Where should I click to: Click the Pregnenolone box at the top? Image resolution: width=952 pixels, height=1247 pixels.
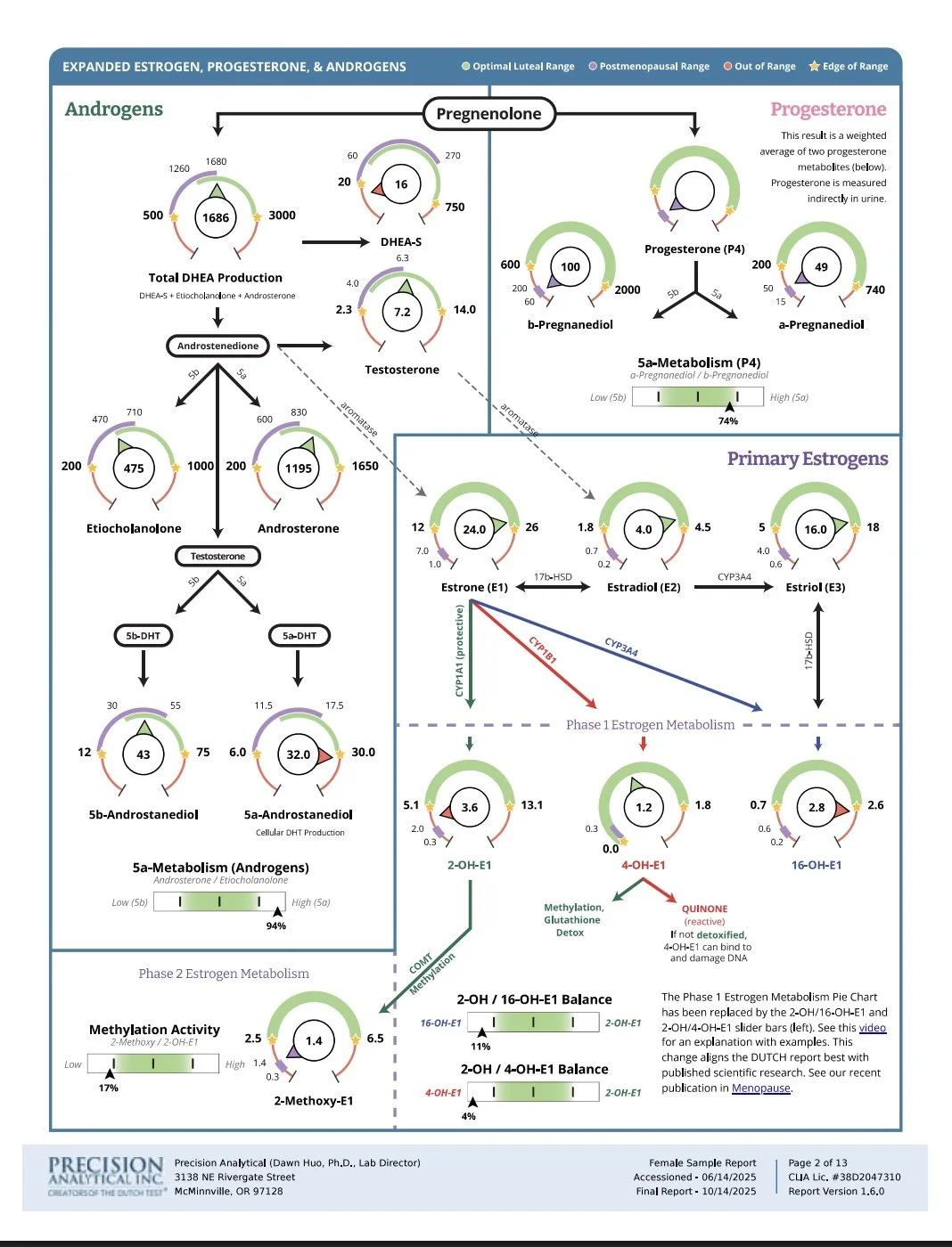(488, 113)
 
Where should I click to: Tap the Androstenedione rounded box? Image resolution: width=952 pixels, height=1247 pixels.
(217, 346)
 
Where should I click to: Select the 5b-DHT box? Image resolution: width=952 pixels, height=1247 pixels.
(143, 635)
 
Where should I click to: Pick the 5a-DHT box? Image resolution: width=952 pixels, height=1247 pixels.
(300, 635)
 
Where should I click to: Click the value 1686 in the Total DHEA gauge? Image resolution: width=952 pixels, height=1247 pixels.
(216, 217)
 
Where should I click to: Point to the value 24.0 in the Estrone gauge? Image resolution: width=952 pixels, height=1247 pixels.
(474, 529)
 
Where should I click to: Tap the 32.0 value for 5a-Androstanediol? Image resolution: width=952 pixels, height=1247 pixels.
(298, 754)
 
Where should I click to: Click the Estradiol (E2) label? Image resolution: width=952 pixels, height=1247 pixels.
(644, 587)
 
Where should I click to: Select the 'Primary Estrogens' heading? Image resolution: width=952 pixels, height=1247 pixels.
(807, 459)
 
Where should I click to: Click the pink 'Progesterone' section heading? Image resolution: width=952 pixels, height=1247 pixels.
(828, 110)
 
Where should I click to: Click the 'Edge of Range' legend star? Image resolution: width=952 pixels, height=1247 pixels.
(814, 66)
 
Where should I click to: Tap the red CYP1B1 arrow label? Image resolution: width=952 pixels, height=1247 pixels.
(542, 649)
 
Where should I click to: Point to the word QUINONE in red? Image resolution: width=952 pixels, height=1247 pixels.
(704, 909)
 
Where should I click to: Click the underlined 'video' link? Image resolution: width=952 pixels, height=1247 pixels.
(873, 1028)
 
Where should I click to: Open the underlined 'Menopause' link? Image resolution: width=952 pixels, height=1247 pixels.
(760, 1088)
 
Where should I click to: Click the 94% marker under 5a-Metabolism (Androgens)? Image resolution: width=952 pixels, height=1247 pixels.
(276, 925)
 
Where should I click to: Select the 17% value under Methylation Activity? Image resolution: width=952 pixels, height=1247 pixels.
(108, 1088)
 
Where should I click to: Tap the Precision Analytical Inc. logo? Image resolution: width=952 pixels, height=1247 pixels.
(106, 1176)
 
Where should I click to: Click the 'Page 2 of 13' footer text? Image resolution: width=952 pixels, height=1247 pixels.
(817, 1162)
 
